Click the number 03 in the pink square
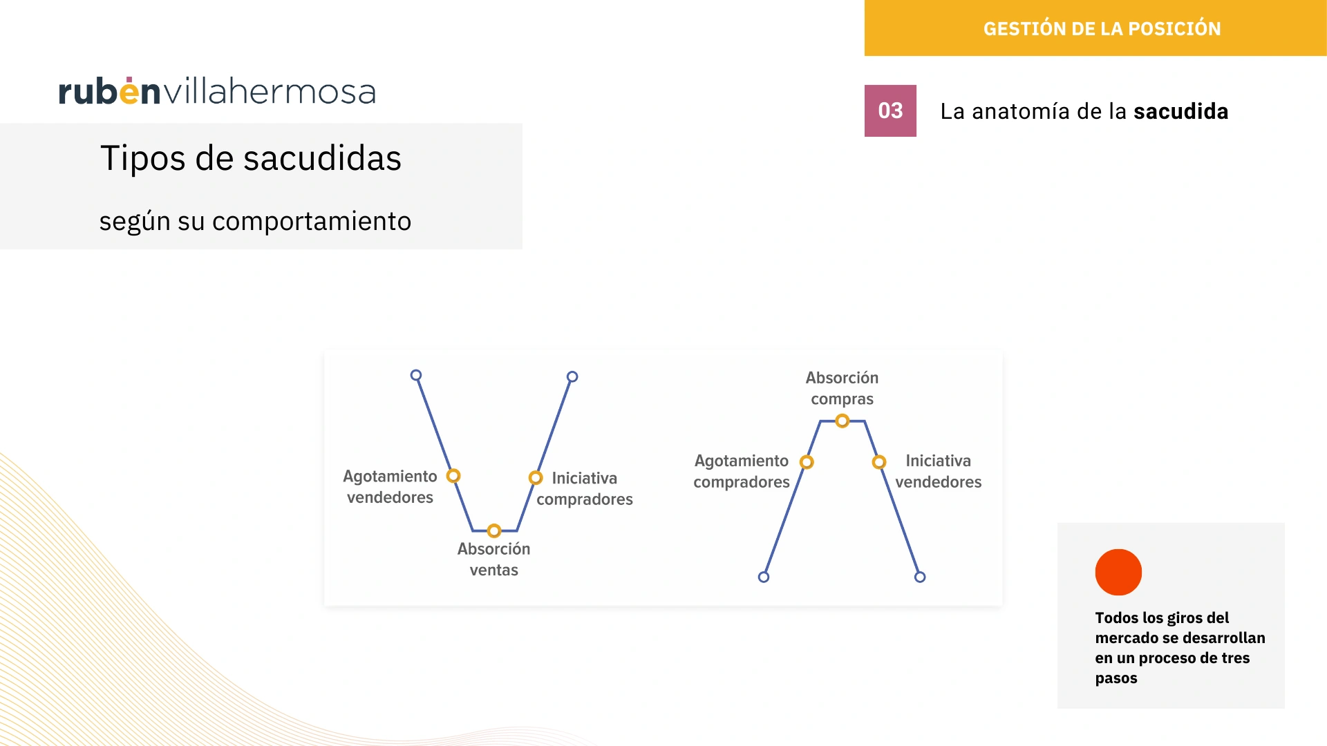point(890,111)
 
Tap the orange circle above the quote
point(1118,572)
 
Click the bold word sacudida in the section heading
point(1180,111)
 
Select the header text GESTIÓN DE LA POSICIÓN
point(1102,28)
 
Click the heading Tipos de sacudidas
point(251,158)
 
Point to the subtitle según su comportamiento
point(255,222)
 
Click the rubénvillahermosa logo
point(217,91)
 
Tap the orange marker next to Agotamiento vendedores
point(453,476)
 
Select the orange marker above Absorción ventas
point(493,530)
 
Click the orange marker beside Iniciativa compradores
point(536,477)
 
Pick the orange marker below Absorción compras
point(842,421)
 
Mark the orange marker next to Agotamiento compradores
point(807,461)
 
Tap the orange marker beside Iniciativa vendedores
point(879,461)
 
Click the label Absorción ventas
point(493,559)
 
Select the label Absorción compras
point(842,388)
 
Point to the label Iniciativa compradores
point(585,488)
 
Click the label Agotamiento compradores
point(742,471)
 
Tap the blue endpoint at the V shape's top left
point(416,375)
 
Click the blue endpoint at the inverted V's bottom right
point(920,577)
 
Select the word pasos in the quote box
point(1116,678)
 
